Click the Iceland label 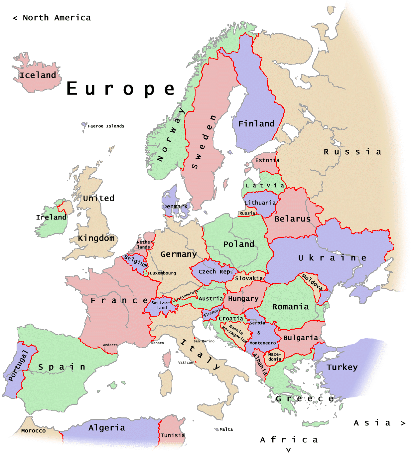[38, 76]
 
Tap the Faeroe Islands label [106, 126]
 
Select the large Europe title [121, 89]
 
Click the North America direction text [52, 18]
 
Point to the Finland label [256, 124]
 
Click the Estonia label [267, 160]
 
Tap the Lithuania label [260, 203]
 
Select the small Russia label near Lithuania [247, 213]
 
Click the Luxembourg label [163, 273]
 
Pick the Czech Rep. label [216, 271]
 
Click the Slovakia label [249, 278]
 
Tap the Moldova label [312, 282]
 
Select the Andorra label [110, 345]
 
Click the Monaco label [158, 343]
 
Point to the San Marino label [204, 341]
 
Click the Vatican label [186, 363]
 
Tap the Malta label [226, 429]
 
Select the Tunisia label [173, 435]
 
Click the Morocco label [33, 431]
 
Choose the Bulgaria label [301, 338]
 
